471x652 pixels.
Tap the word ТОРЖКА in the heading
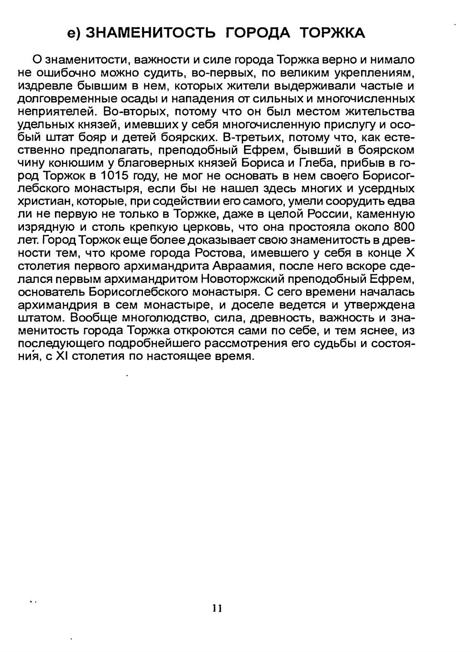[x=333, y=32]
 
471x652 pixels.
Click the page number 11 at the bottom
[x=217, y=608]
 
